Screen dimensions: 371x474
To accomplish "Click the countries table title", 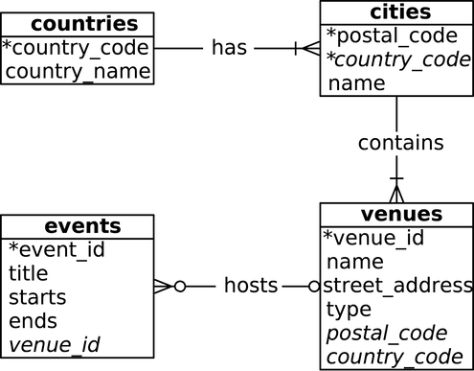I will [x=78, y=23].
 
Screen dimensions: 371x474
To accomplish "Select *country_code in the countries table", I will [x=76, y=48].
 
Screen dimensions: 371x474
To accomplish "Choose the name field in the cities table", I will [x=356, y=83].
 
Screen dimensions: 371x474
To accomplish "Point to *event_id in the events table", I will [x=56, y=250].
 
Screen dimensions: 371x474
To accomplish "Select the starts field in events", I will [x=37, y=297].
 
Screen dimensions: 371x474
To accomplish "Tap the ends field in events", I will [x=33, y=321].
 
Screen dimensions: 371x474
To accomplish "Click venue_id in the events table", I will [x=55, y=345].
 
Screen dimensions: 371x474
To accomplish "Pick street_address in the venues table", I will [x=397, y=286].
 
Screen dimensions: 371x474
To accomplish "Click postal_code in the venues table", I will [x=387, y=333].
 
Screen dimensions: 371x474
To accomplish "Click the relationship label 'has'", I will [x=229, y=48].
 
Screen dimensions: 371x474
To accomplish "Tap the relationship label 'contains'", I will [x=400, y=143].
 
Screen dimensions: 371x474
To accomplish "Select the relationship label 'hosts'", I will [x=251, y=286].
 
